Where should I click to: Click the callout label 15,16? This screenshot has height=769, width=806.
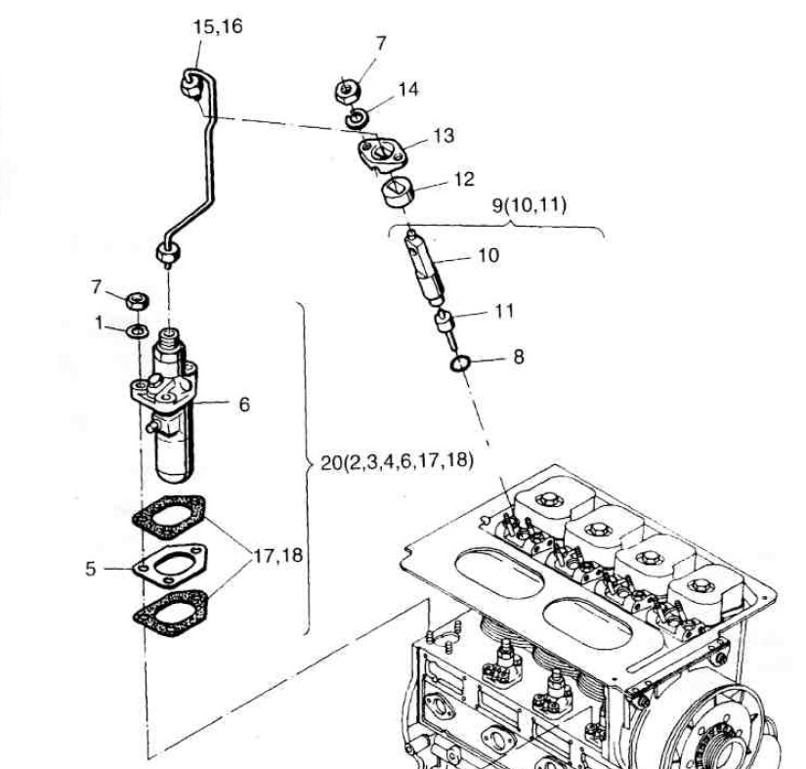(217, 26)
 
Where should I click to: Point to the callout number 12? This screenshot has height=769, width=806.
(463, 180)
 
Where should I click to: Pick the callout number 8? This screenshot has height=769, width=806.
(518, 358)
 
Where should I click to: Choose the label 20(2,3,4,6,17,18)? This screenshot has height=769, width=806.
(398, 462)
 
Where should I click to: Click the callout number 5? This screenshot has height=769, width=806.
(91, 568)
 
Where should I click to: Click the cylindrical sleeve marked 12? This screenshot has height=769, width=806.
(398, 193)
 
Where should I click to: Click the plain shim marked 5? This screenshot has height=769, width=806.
(161, 567)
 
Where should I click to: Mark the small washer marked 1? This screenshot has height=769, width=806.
(138, 330)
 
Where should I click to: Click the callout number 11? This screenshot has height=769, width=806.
(503, 313)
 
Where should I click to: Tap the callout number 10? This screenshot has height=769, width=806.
(488, 255)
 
